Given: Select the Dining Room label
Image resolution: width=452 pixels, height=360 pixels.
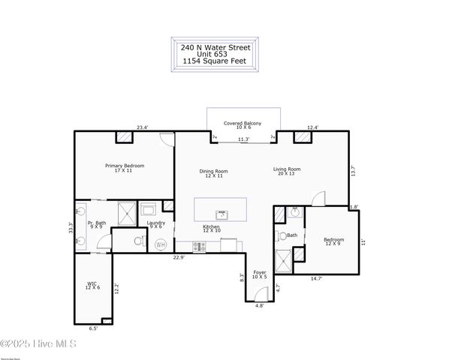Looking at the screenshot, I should tap(213, 172).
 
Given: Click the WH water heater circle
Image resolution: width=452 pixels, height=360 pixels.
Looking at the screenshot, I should tap(160, 245).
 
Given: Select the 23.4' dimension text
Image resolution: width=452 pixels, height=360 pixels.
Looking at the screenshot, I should tap(142, 127).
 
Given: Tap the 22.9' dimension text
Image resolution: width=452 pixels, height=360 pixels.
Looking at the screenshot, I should tap(179, 257).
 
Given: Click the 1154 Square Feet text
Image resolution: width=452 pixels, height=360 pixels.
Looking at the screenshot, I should tap(215, 61).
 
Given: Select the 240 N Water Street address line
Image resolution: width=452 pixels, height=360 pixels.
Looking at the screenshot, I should tap(215, 46).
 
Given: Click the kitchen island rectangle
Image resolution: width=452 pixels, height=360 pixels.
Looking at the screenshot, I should tap(220, 209).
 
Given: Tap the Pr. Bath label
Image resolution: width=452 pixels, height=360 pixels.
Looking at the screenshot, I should tap(97, 224).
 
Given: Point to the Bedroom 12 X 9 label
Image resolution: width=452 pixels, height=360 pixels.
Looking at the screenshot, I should tap(333, 241).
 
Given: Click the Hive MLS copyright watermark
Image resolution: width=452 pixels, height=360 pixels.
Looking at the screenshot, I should tap(44, 344).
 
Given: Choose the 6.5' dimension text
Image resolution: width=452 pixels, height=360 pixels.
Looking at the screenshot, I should tap(93, 328).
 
